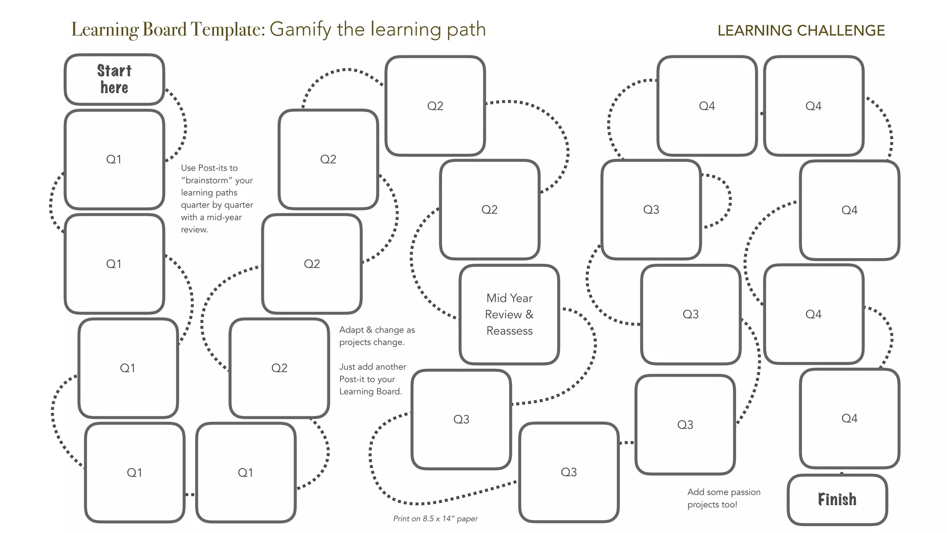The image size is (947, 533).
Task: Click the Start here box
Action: [x=114, y=79]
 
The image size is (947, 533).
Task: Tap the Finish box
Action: [x=837, y=500]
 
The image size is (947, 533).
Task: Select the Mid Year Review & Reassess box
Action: [x=509, y=315]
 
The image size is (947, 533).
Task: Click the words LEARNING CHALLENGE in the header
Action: [x=801, y=31]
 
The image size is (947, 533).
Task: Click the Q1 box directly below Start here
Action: [x=114, y=159]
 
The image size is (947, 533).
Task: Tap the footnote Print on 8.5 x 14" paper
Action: [x=435, y=519]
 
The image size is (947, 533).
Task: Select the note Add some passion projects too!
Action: [x=723, y=498]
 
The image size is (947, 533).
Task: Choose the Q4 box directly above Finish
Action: [x=849, y=418]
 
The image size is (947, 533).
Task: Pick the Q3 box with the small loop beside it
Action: [x=651, y=210]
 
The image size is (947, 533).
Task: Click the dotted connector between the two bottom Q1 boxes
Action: [x=190, y=495]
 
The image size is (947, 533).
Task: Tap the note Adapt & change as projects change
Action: [x=376, y=336]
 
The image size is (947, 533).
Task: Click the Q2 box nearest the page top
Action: [x=435, y=106]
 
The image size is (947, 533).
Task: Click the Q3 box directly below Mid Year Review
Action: [x=461, y=419]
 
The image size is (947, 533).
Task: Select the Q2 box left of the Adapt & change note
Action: [x=279, y=368]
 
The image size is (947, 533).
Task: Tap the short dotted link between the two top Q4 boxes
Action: [x=761, y=113]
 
